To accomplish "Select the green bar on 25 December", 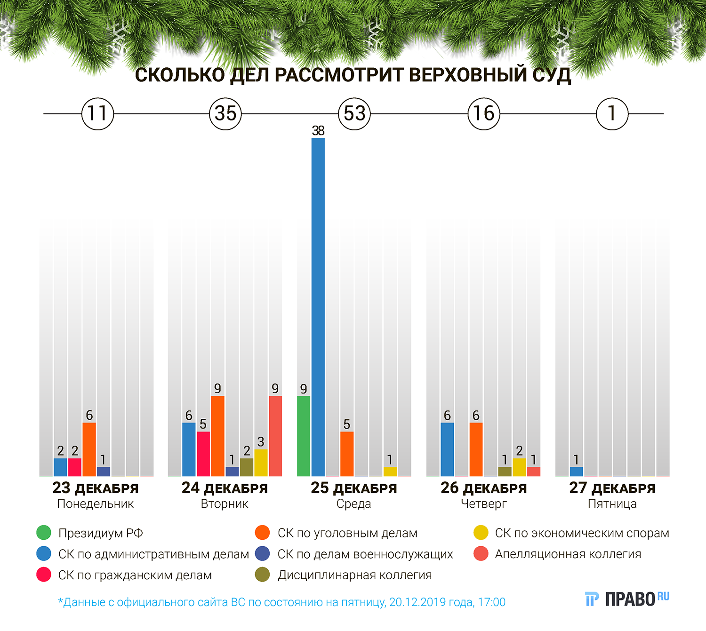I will [x=304, y=436].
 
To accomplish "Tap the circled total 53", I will [x=354, y=113].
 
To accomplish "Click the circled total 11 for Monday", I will [x=97, y=113].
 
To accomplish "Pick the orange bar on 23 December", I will [x=89, y=449].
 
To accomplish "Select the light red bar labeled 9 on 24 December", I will [x=275, y=436].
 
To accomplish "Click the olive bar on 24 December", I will [x=247, y=467].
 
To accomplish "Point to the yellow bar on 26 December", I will [x=519, y=467].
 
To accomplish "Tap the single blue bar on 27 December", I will [x=576, y=471].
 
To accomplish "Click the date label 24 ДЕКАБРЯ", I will [x=225, y=488].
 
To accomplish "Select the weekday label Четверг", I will [x=484, y=504].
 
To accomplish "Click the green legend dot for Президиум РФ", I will [x=44, y=533].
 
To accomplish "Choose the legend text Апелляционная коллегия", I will [x=568, y=554].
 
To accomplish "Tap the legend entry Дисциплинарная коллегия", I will [x=354, y=575].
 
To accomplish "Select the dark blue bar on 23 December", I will [x=103, y=471].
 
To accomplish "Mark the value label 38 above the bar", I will [x=318, y=131].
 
